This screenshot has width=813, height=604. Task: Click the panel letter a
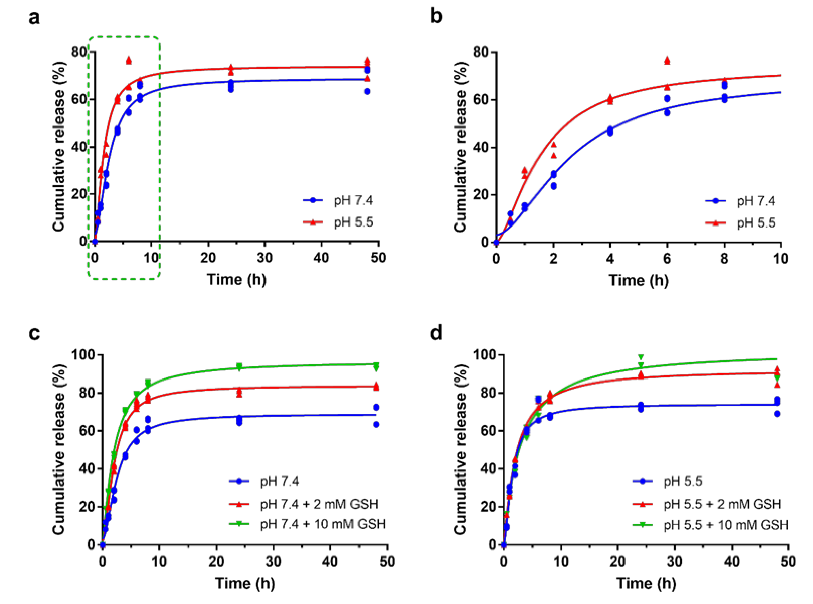[x=34, y=18]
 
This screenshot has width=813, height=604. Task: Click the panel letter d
[x=437, y=333]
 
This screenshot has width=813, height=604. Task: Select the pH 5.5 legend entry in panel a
[x=353, y=222]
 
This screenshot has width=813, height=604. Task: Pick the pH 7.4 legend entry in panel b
[x=755, y=201]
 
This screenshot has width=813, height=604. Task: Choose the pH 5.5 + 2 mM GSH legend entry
[x=722, y=504]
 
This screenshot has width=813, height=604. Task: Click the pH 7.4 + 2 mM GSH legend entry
[x=319, y=504]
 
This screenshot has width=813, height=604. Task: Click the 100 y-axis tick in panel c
[x=83, y=355]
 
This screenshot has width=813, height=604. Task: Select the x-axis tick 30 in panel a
[x=264, y=258]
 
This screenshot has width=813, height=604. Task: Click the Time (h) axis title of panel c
[x=245, y=583]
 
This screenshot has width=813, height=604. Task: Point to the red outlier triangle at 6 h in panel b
[x=667, y=60]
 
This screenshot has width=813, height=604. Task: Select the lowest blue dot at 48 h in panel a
[x=367, y=91]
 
